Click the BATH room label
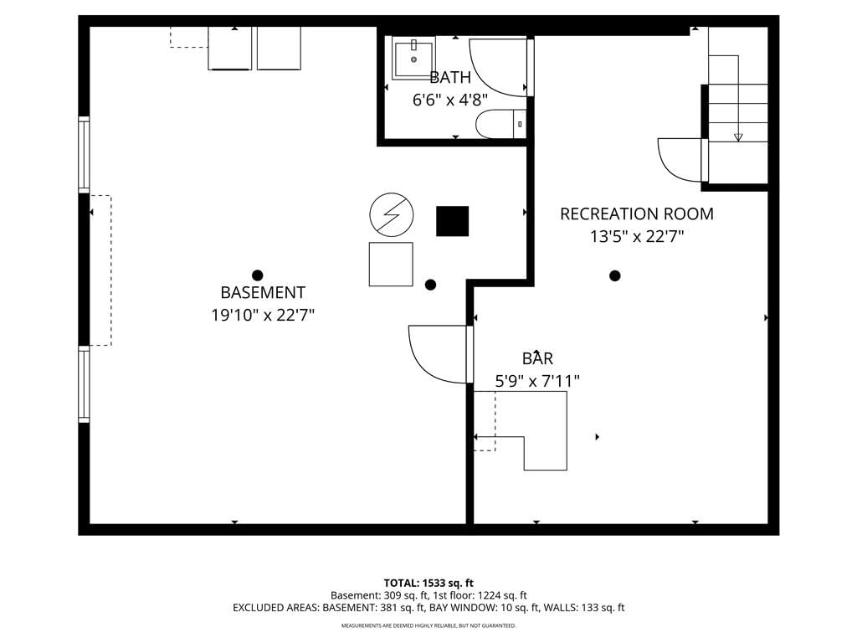pos(449,78)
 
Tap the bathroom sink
pos(413,59)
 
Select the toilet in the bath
pos(500,124)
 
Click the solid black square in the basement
pos(452,221)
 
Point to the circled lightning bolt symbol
pos(392,215)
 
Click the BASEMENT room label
pos(263,292)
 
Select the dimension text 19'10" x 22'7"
pos(263,316)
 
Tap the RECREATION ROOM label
pos(637,213)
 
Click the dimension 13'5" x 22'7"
pos(637,237)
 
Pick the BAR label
pos(537,358)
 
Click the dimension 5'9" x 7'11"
pos(537,381)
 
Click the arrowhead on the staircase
pos(738,137)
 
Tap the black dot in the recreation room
pos(615,275)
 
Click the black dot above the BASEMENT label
pos(258,275)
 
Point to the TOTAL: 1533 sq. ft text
pos(428,583)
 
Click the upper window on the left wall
pos(84,155)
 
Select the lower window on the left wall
pos(84,384)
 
